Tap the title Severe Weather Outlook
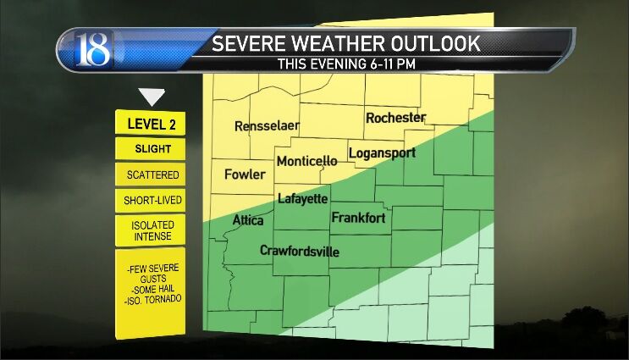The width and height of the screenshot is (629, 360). pyautogui.click(x=345, y=43)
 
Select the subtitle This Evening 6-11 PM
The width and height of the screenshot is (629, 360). pyautogui.click(x=345, y=64)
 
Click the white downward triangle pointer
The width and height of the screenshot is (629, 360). pyautogui.click(x=152, y=97)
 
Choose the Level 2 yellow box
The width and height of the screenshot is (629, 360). pyautogui.click(x=151, y=124)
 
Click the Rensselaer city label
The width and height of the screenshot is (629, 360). pyautogui.click(x=267, y=126)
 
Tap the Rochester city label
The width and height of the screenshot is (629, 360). pyautogui.click(x=395, y=118)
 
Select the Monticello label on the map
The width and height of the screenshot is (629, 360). pyautogui.click(x=306, y=161)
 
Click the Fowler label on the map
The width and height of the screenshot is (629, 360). pyautogui.click(x=245, y=175)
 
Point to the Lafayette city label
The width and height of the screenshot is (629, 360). pyautogui.click(x=302, y=199)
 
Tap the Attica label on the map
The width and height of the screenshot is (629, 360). pyautogui.click(x=248, y=221)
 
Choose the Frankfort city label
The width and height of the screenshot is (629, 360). pyautogui.click(x=358, y=219)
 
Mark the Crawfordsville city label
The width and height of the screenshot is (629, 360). pyautogui.click(x=299, y=252)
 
